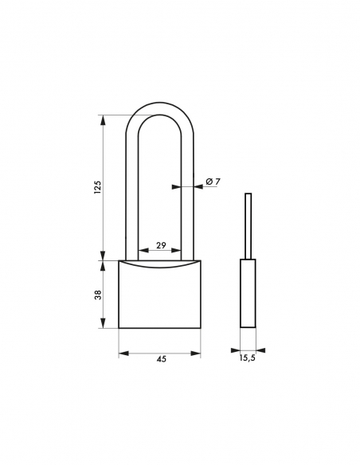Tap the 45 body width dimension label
[x=161, y=360]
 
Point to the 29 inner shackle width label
[x=161, y=245]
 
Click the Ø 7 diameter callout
[x=212, y=182]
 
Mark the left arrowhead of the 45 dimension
[x=122, y=350]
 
